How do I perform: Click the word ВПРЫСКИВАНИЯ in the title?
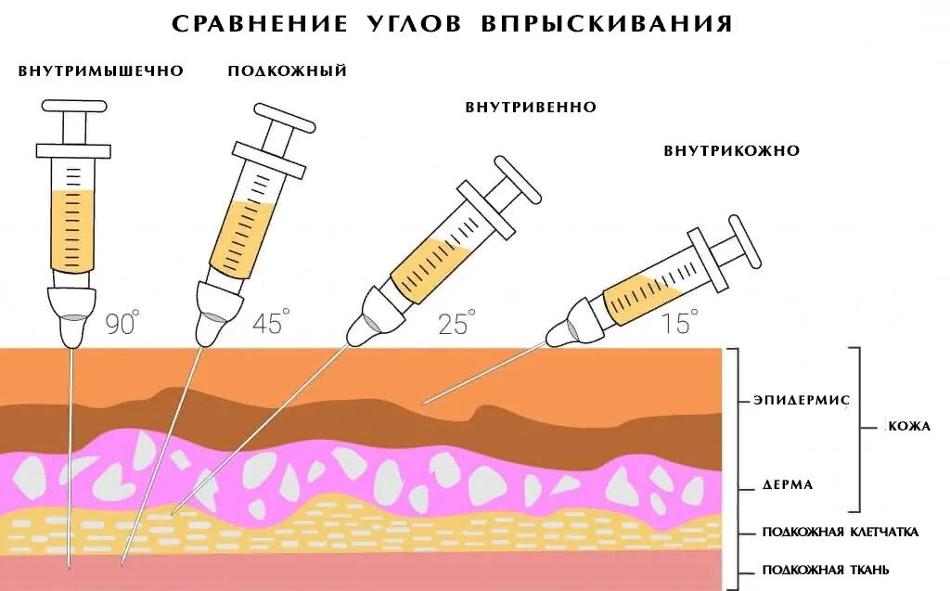pyautogui.click(x=608, y=24)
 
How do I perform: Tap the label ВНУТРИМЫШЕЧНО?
pyautogui.click(x=101, y=71)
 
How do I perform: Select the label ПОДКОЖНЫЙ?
pyautogui.click(x=288, y=71)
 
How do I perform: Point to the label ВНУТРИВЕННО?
pyautogui.click(x=531, y=108)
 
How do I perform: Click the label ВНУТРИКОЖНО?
pyautogui.click(x=732, y=150)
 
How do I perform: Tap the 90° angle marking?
pyautogui.click(x=121, y=323)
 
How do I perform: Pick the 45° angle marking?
pyautogui.click(x=270, y=323)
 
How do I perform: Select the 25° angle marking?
pyautogui.click(x=456, y=323)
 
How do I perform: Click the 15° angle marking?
pyautogui.click(x=679, y=323)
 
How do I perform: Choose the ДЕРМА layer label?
pyautogui.click(x=788, y=484)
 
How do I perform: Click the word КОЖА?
pyautogui.click(x=909, y=427)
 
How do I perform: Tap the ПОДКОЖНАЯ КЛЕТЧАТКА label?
pyautogui.click(x=841, y=532)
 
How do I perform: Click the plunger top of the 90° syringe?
pyautogui.click(x=73, y=108)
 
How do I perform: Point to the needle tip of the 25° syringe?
pyautogui.click(x=173, y=513)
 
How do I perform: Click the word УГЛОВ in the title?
pyautogui.click(x=412, y=24)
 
